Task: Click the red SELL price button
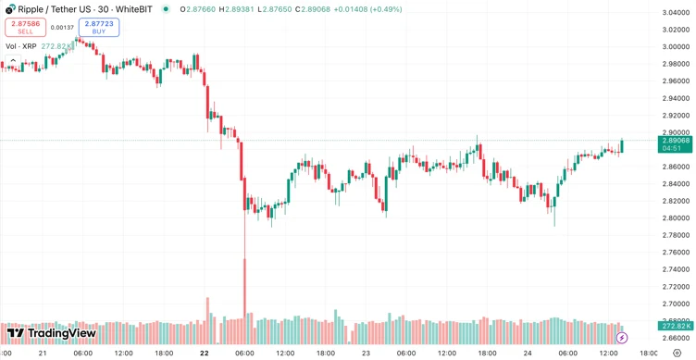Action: [x=25, y=28]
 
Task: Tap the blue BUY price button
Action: [x=98, y=28]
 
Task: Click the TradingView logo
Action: [x=52, y=333]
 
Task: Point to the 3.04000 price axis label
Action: [x=675, y=12]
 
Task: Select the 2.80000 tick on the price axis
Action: [x=675, y=217]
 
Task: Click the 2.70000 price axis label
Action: [x=675, y=304]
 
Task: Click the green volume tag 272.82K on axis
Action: [x=675, y=326]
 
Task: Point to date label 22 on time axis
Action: [x=204, y=353]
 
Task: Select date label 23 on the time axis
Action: [x=366, y=353]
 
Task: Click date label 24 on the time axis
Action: [x=528, y=353]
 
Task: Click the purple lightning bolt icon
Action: [x=621, y=339]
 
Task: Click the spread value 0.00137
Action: [x=62, y=28]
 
